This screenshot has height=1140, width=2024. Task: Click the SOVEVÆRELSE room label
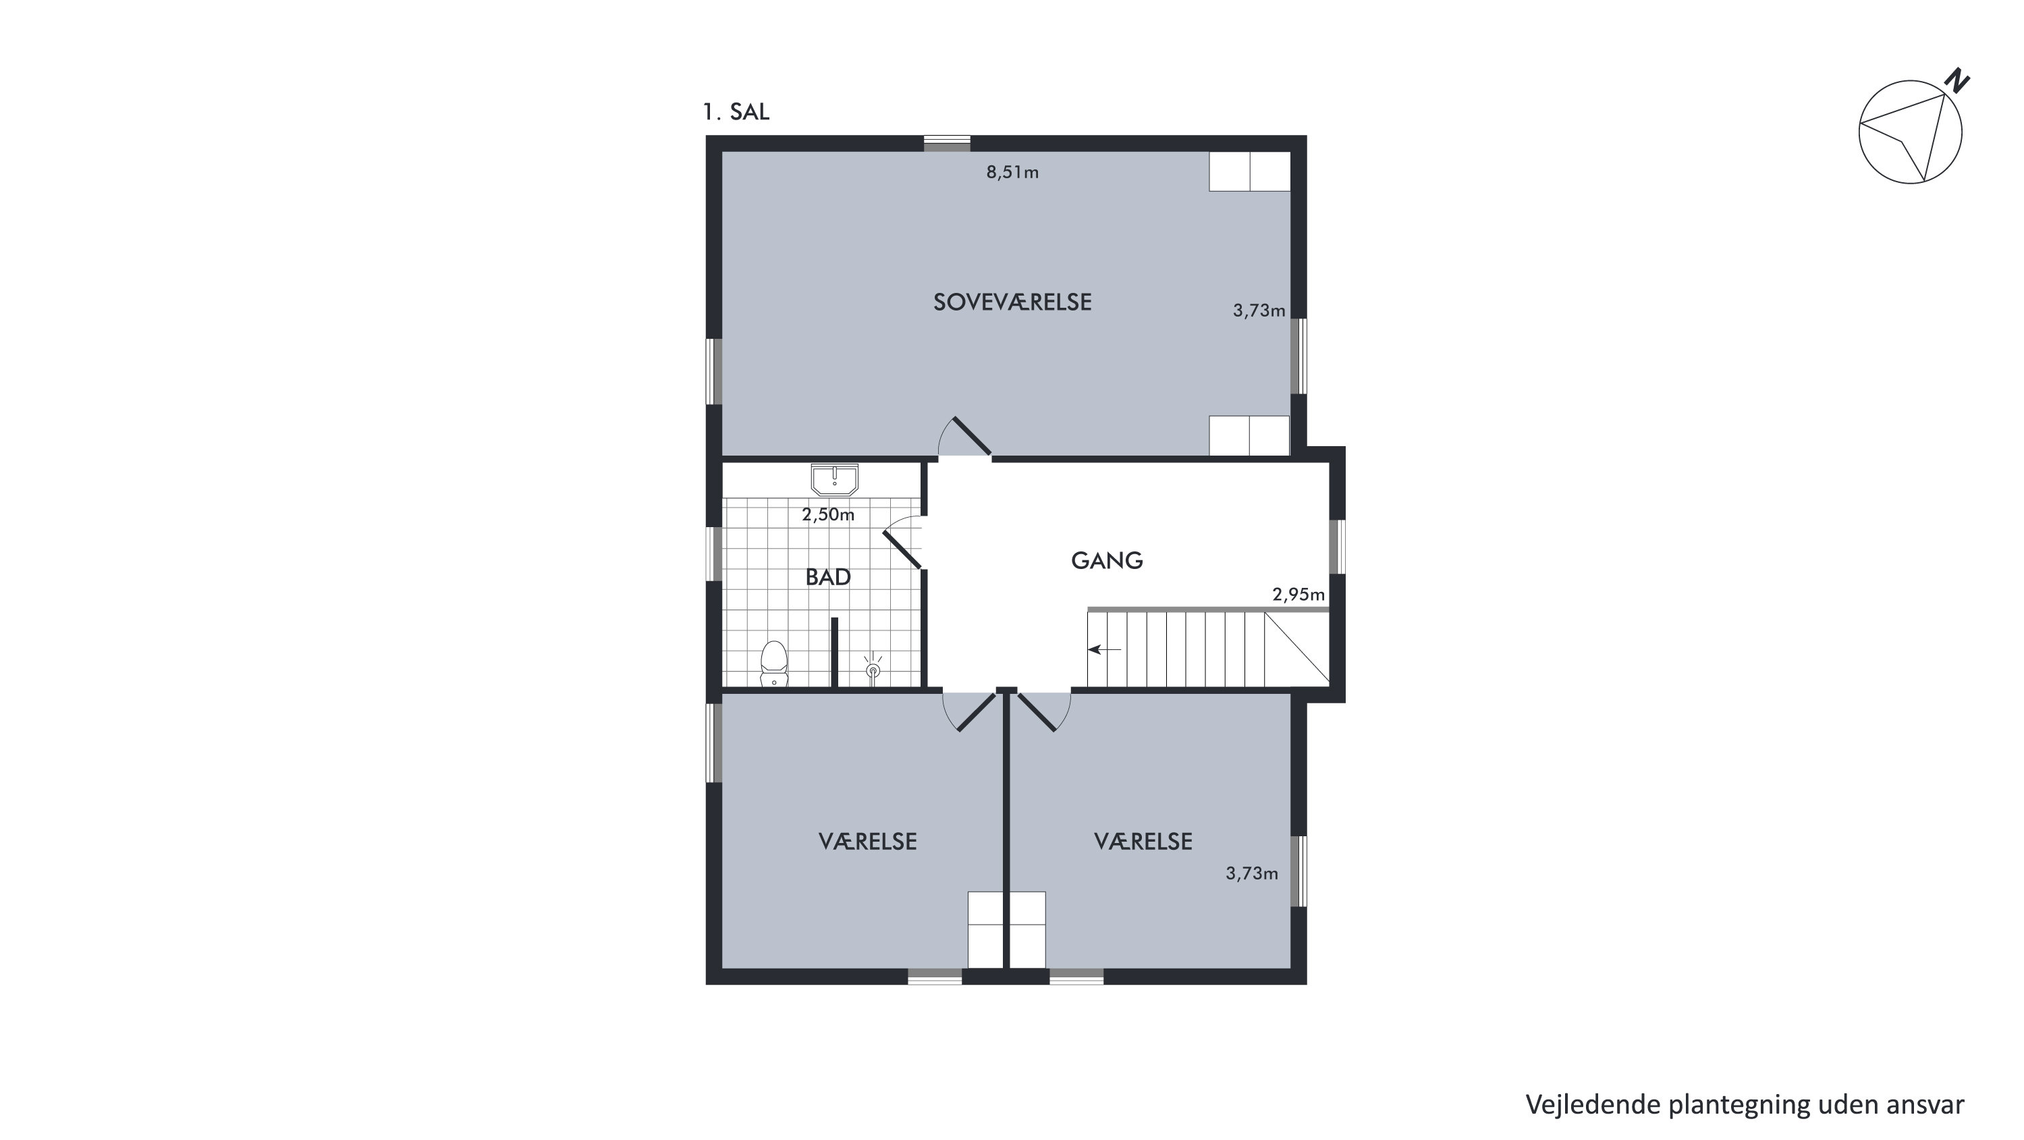(x=1012, y=302)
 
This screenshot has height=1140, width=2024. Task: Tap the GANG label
(x=1106, y=560)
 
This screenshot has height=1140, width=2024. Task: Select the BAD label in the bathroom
(x=828, y=576)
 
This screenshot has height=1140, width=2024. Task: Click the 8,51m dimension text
(x=1012, y=172)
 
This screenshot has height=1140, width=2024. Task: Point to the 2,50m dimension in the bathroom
(x=828, y=514)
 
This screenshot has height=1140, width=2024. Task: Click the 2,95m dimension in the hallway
(x=1298, y=595)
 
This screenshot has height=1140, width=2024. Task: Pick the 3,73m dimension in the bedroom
(x=1259, y=310)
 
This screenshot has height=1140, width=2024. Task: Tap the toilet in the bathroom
(x=774, y=664)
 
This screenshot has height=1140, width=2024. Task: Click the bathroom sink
(x=834, y=479)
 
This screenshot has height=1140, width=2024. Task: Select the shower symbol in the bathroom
(x=872, y=669)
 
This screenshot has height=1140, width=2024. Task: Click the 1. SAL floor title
(x=736, y=112)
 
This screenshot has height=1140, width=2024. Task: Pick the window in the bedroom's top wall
(x=947, y=144)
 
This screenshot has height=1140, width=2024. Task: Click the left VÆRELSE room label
(x=867, y=842)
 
